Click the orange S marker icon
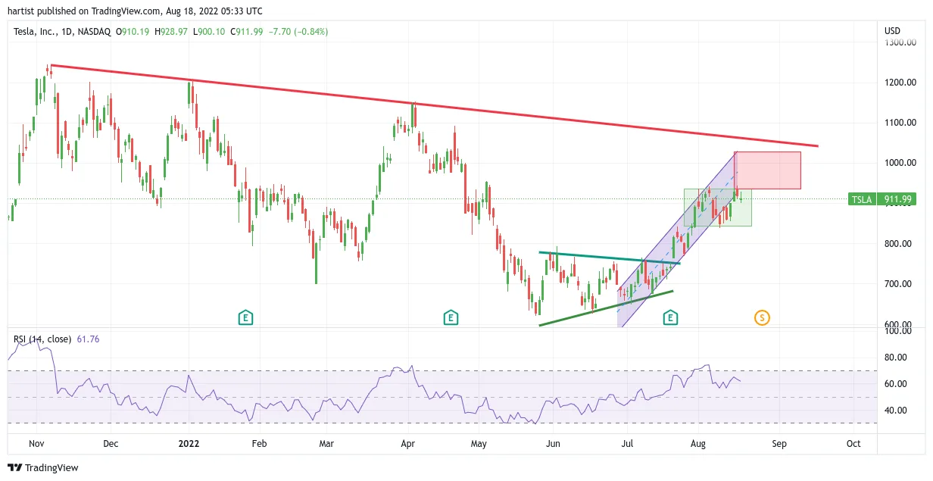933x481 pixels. coord(762,318)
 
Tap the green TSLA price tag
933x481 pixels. coord(882,199)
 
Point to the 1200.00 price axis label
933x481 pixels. coord(900,83)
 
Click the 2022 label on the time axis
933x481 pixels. coord(189,444)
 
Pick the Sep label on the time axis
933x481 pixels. coord(779,444)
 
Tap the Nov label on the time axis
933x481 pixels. coord(36,444)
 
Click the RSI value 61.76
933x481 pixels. coord(89,339)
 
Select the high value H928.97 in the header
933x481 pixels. coord(171,32)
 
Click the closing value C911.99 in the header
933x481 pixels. coord(247,32)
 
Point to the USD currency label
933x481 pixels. coord(892,31)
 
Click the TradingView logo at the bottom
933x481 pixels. coord(43,467)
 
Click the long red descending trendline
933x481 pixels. coord(435,106)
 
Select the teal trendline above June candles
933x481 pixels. coord(610,258)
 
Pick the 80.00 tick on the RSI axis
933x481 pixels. coord(895,358)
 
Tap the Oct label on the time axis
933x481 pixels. coord(853,444)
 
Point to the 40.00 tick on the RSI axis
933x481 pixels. coord(895,411)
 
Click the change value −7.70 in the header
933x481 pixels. coord(279,32)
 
